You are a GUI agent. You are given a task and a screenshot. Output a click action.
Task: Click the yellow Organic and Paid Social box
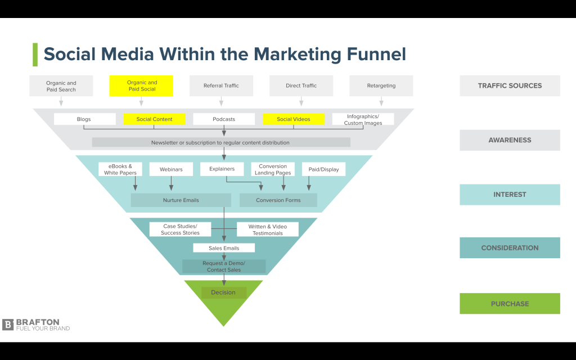141,86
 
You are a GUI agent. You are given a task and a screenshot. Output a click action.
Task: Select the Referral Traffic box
221,86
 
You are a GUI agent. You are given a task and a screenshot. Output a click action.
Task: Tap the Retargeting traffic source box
381,86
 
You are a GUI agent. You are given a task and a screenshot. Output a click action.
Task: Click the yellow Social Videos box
293,119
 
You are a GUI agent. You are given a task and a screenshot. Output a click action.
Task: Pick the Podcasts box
224,119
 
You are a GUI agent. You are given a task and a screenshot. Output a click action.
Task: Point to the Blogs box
84,119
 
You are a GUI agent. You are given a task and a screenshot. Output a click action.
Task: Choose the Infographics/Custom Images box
363,119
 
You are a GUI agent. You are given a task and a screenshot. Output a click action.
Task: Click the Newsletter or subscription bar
220,143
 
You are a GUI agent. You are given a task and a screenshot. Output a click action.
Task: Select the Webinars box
171,169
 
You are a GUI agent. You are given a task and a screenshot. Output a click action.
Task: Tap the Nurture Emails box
181,200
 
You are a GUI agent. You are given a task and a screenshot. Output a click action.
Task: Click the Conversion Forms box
278,200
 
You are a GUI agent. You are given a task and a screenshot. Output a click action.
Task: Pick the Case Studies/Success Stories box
180,229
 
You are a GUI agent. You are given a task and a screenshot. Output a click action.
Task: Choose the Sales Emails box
224,248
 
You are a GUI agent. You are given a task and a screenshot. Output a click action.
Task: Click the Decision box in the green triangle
223,292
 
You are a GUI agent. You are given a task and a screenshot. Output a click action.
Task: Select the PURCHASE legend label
510,304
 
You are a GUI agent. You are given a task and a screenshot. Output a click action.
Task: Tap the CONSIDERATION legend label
510,248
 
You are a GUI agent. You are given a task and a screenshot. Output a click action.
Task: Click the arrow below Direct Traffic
301,102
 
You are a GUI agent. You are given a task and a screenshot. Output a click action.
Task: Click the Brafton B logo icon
8,325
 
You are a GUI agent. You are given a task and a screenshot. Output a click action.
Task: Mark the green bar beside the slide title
35,55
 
